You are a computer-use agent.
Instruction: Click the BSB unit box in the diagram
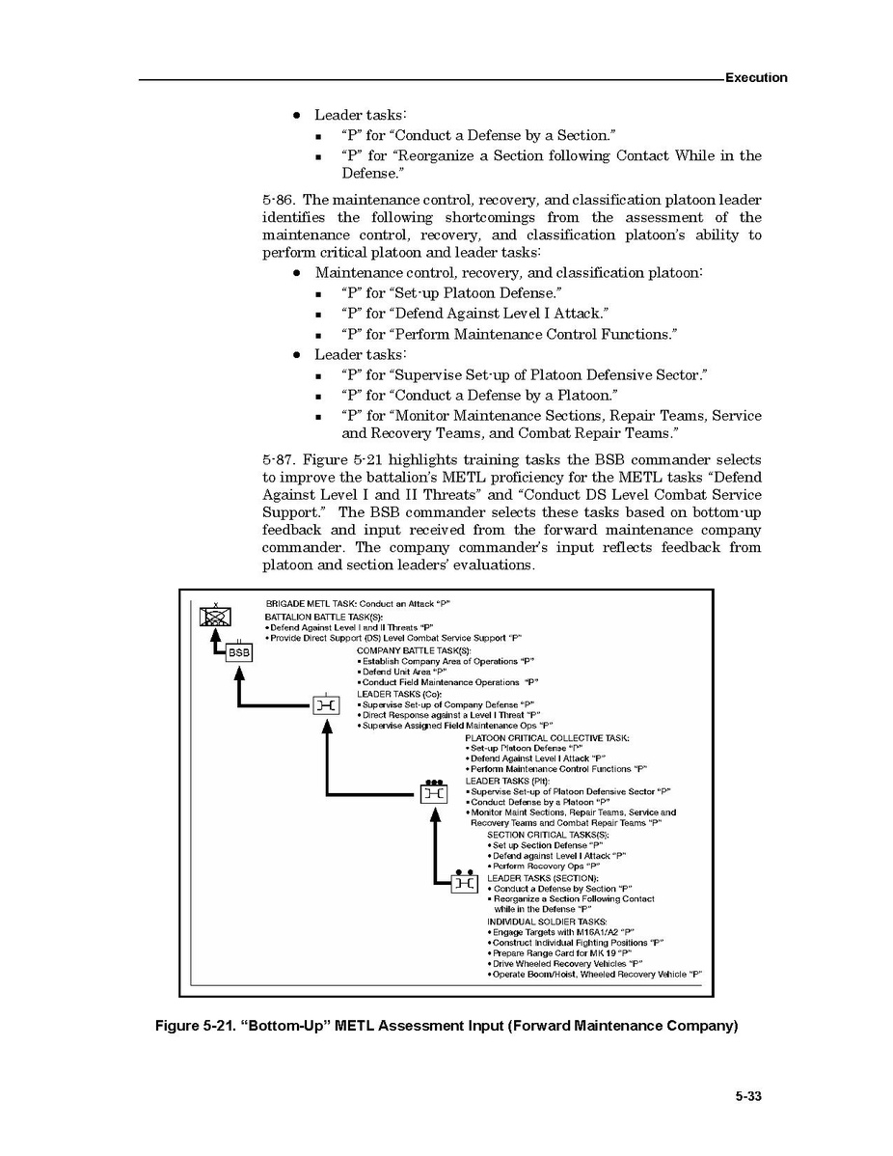coord(238,653)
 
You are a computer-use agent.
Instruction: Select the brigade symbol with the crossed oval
coord(214,616)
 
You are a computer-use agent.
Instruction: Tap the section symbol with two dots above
coord(464,882)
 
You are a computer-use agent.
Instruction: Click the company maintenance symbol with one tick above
coord(326,706)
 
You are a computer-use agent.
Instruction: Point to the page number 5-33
coord(748,1096)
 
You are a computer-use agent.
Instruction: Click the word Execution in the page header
coord(756,77)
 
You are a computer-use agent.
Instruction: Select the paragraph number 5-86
coord(279,201)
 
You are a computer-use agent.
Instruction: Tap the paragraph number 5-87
coord(279,460)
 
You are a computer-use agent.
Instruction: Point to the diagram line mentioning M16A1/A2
coord(563,932)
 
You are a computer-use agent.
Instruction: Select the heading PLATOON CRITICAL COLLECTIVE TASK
coord(547,738)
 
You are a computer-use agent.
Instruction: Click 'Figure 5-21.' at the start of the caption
coord(191,1026)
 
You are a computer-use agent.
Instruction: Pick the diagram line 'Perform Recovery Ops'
coord(535,867)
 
